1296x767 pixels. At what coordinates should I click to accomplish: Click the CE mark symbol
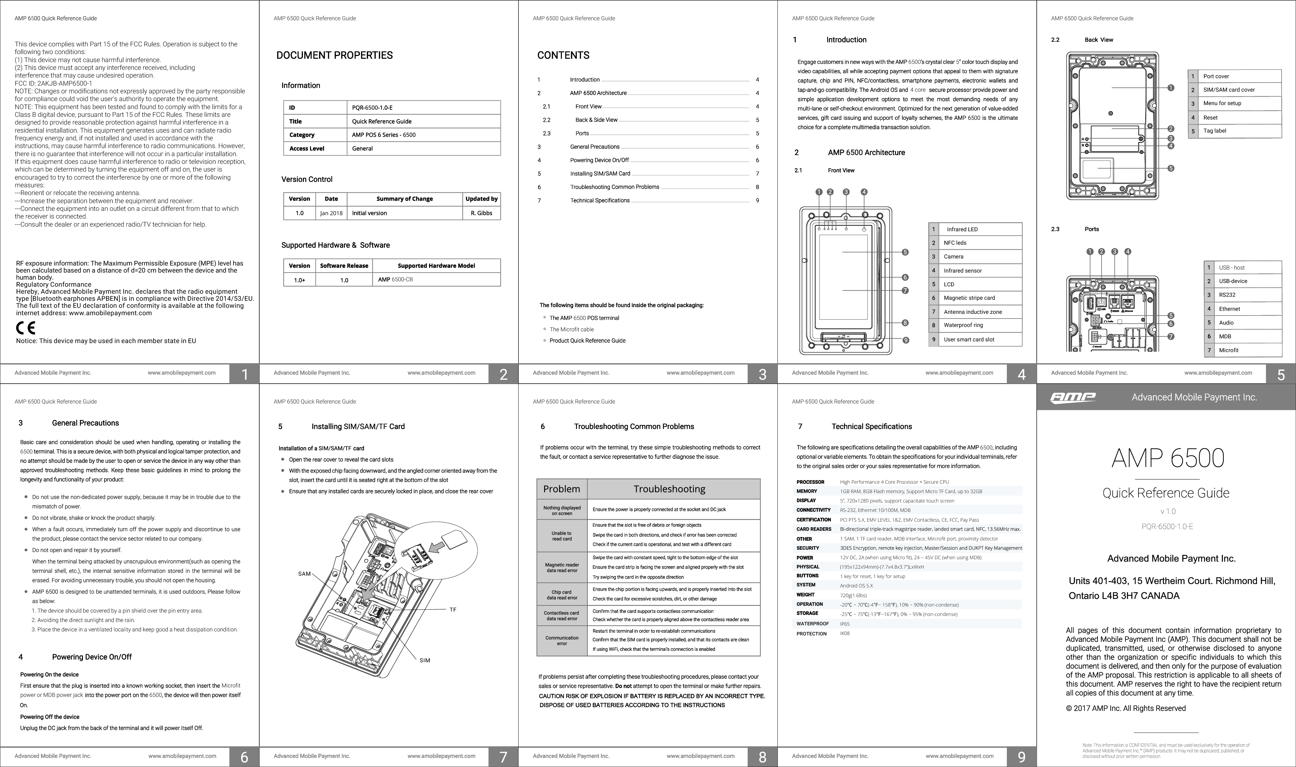pos(25,328)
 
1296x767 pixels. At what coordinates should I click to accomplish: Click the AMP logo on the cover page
pos(1073,397)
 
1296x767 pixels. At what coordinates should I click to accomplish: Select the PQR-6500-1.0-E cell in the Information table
pos(372,107)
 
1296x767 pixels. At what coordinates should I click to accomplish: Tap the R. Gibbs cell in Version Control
pos(481,213)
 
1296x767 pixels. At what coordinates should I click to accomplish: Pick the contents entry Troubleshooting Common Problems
pos(614,187)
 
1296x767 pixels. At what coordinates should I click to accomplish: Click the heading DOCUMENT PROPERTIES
pos(334,55)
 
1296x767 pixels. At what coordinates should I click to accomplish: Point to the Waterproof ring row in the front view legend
pos(963,325)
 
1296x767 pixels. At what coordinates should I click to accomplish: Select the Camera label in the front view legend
pos(953,256)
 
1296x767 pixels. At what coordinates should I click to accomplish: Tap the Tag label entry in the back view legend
pos(1214,131)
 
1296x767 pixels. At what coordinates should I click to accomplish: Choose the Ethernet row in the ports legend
pos(1229,308)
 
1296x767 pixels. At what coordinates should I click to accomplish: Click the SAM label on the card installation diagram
pos(305,574)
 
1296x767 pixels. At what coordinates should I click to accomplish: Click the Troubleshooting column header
pos(669,489)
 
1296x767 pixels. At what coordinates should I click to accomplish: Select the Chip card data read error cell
pos(562,595)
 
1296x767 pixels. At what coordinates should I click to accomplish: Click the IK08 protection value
pos(845,633)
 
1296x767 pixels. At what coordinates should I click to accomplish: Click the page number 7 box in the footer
pos(503,757)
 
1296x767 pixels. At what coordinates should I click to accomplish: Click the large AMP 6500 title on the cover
pos(1167,458)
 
